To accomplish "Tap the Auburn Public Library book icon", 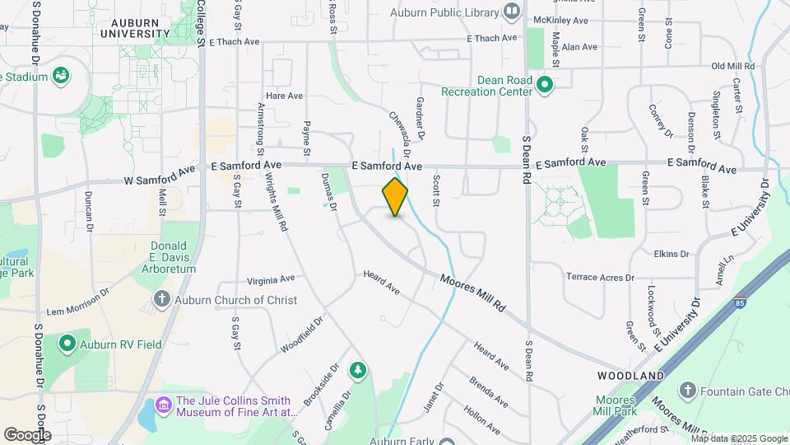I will [x=513, y=12].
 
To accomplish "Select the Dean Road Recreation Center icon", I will [x=545, y=83].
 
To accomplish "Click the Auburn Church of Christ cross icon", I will [x=162, y=299].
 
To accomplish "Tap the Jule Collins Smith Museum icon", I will [x=162, y=405].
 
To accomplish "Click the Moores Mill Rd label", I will [x=472, y=293].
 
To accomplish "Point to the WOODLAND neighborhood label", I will [x=631, y=376].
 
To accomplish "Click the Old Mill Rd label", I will [x=732, y=65].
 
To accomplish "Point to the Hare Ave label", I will [x=284, y=96].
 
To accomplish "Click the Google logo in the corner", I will [x=26, y=434].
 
